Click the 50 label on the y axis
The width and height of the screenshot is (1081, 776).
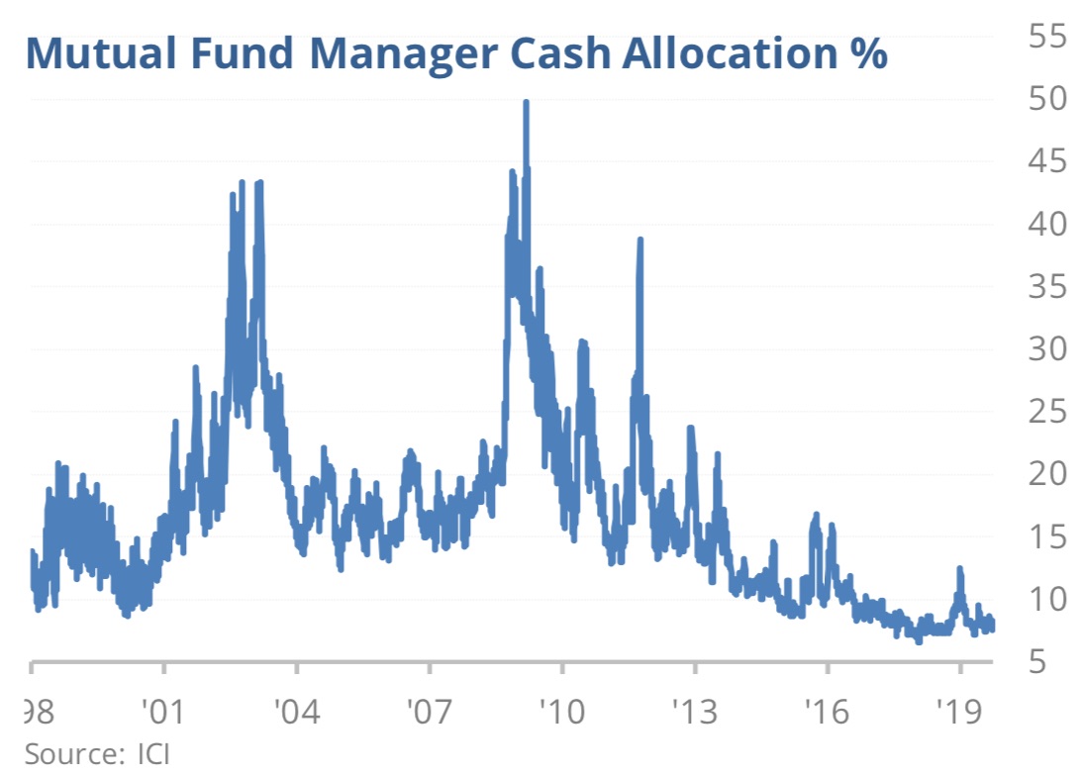tap(1040, 98)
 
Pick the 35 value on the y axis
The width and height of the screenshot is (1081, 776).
tap(1040, 286)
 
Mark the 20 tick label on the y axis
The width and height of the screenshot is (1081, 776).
tap(1040, 474)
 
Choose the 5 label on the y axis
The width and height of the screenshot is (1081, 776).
tap(1051, 661)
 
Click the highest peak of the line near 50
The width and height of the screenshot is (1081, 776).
tap(526, 103)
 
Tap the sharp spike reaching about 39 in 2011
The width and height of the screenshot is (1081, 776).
tap(640, 241)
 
